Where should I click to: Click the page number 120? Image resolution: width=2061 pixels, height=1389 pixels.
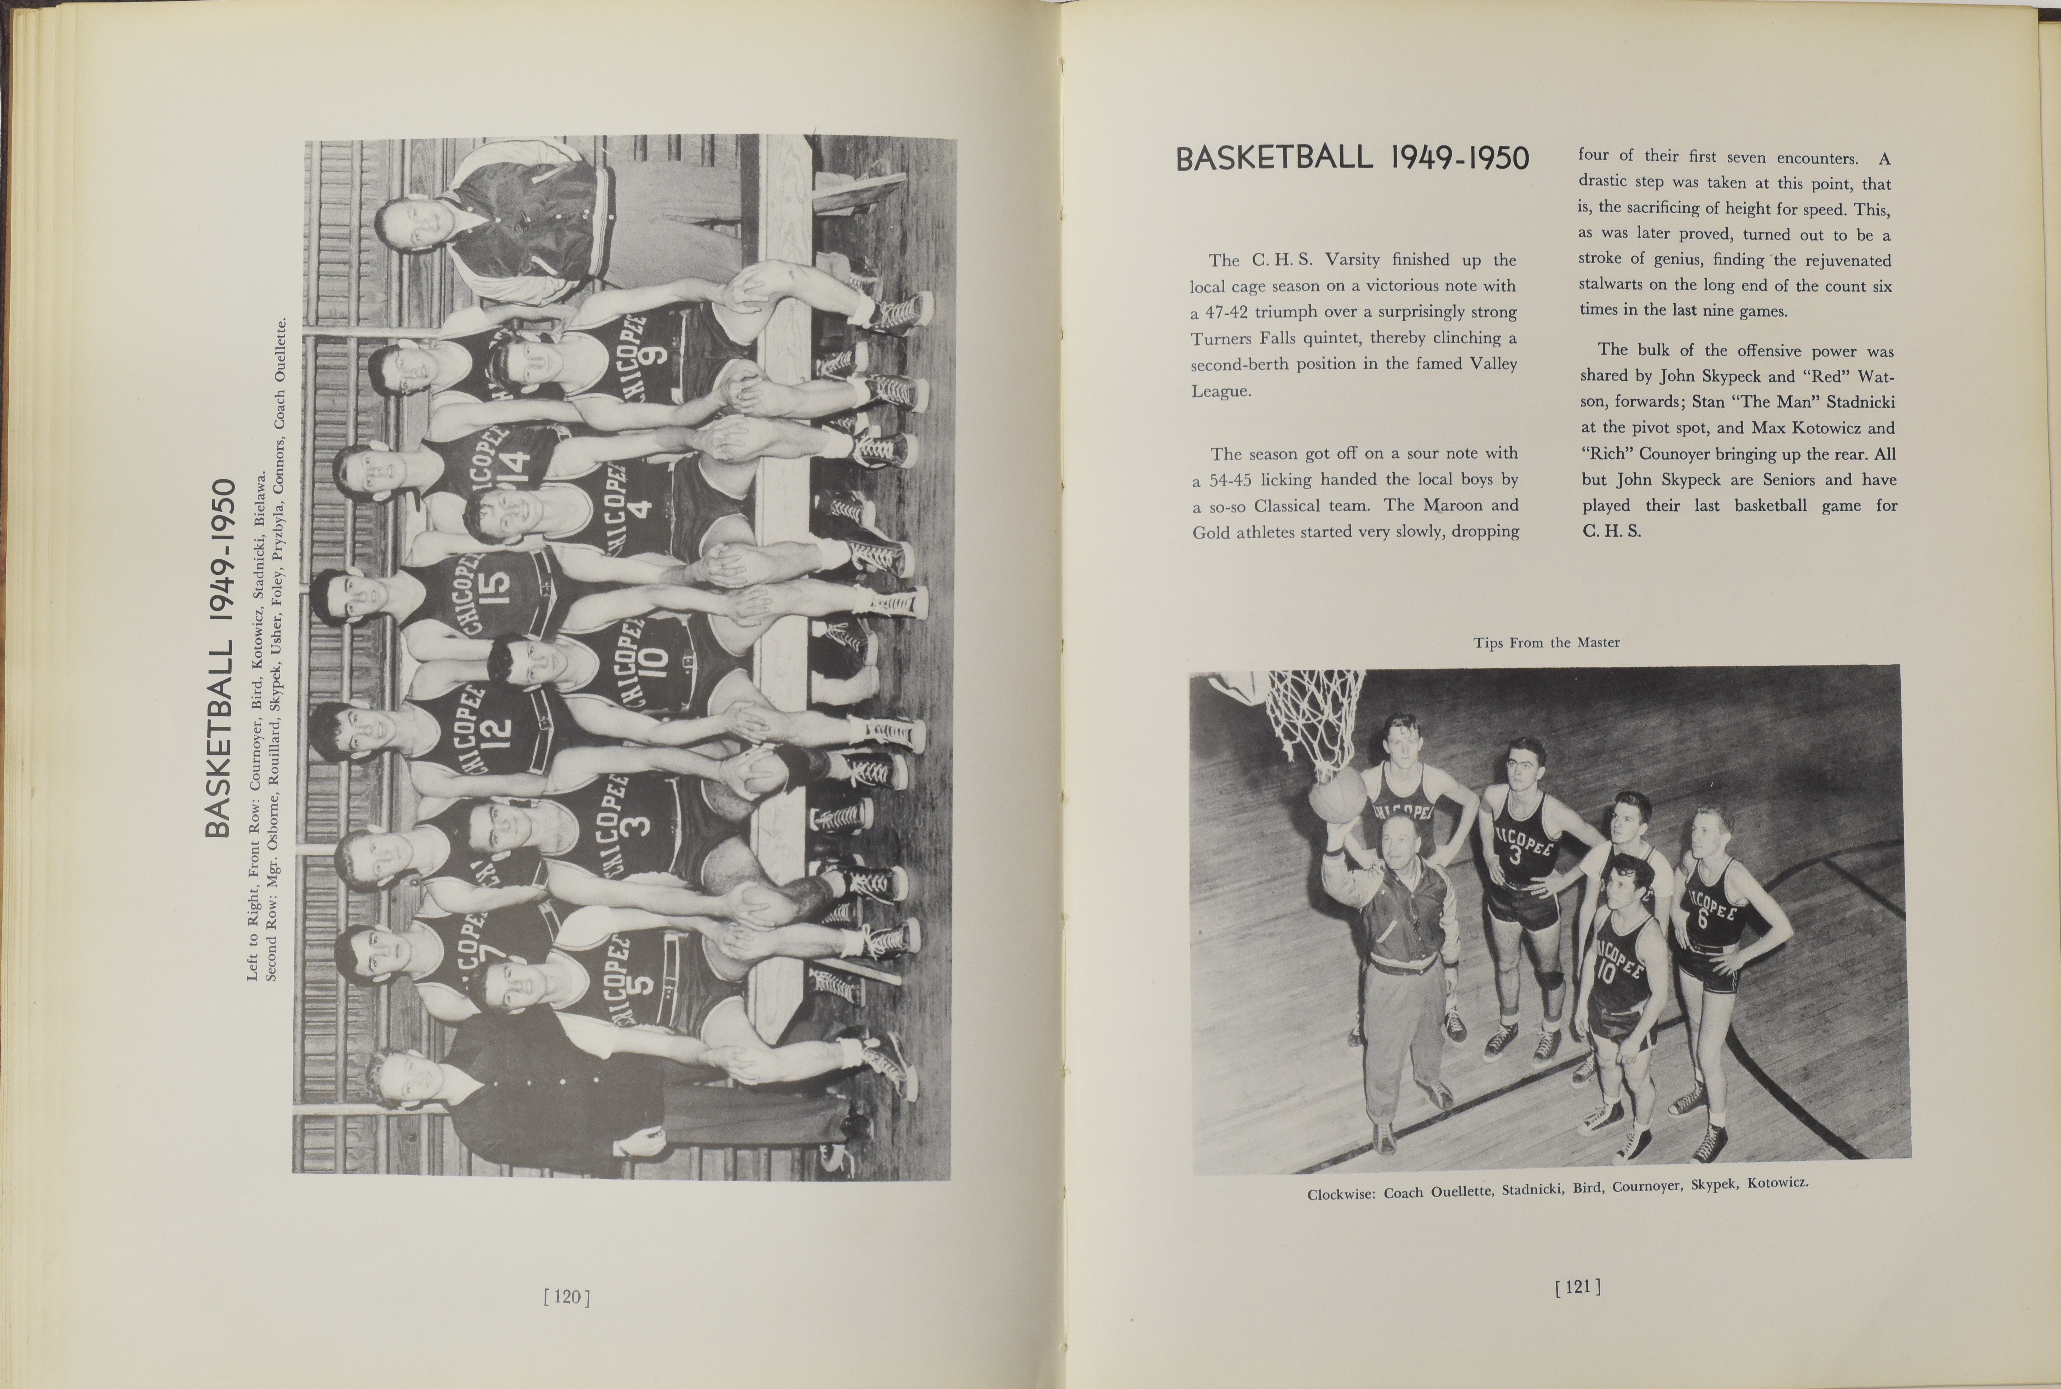coord(566,1298)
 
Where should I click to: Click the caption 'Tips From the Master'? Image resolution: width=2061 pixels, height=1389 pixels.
coord(1546,642)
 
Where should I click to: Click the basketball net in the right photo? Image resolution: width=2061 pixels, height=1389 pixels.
coord(1311,717)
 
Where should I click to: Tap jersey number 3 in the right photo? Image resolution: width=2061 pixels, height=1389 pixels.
coord(1515,855)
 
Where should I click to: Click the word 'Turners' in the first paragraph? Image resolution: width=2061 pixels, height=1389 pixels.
coord(1220,338)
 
